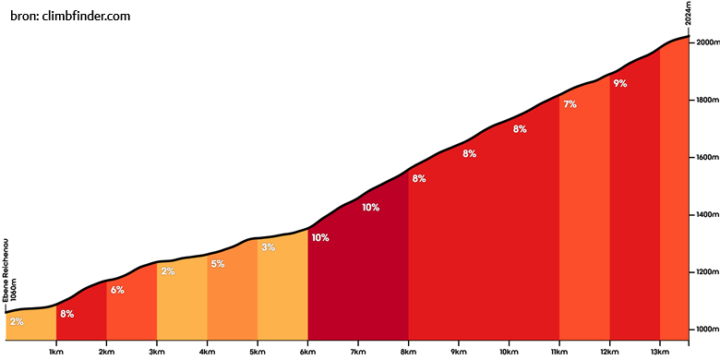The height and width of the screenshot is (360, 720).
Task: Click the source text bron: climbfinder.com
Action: click(x=70, y=16)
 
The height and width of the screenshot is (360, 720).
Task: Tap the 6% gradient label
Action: click(x=117, y=290)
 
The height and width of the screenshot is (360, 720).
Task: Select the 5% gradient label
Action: click(x=218, y=264)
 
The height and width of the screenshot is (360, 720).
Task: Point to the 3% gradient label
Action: click(x=269, y=247)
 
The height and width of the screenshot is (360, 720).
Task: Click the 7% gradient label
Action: click(x=570, y=104)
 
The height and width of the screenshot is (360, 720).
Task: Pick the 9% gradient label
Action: click(x=620, y=84)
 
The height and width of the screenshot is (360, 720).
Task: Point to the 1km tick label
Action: click(x=56, y=352)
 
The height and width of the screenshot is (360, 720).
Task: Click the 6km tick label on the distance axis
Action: click(x=307, y=352)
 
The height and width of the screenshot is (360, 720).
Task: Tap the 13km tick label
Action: click(x=660, y=352)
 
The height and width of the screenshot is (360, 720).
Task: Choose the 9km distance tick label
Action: click(x=458, y=352)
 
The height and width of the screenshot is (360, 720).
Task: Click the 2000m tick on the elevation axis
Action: click(x=707, y=42)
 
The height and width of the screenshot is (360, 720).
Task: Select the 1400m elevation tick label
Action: click(x=707, y=215)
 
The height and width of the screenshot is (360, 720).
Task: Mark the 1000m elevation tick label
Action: click(x=707, y=330)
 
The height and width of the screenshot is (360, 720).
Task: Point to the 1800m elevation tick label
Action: click(x=707, y=100)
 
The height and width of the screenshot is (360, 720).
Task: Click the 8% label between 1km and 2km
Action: click(x=67, y=315)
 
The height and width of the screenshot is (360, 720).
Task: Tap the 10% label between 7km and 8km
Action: click(x=370, y=208)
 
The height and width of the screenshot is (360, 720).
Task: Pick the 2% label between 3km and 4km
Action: click(x=168, y=271)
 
